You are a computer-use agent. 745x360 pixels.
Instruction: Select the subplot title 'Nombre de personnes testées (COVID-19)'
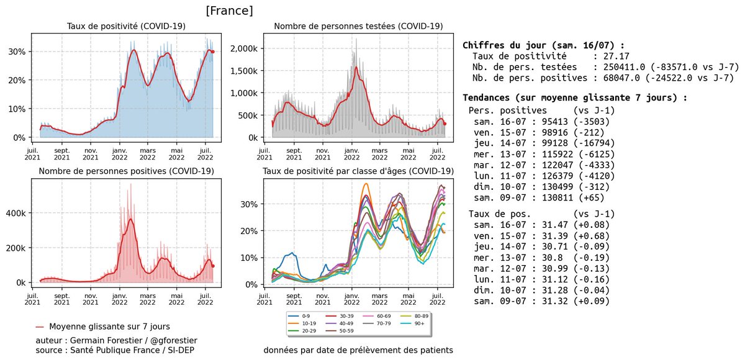pyautogui.click(x=358, y=26)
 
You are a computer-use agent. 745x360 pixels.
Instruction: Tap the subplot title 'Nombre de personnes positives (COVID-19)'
pyautogui.click(x=127, y=171)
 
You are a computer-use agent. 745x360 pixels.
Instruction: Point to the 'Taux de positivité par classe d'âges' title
pyautogui.click(x=358, y=171)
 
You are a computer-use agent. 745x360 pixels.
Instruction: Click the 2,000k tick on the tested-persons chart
pyautogui.click(x=245, y=48)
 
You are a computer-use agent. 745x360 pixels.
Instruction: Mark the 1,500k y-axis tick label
pyautogui.click(x=245, y=71)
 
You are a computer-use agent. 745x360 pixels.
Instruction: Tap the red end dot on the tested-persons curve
pyautogui.click(x=445, y=124)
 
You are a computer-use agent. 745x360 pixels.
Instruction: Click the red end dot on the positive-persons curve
pyautogui.click(x=213, y=266)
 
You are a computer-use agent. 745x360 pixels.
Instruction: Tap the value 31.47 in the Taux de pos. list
pyautogui.click(x=544, y=224)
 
